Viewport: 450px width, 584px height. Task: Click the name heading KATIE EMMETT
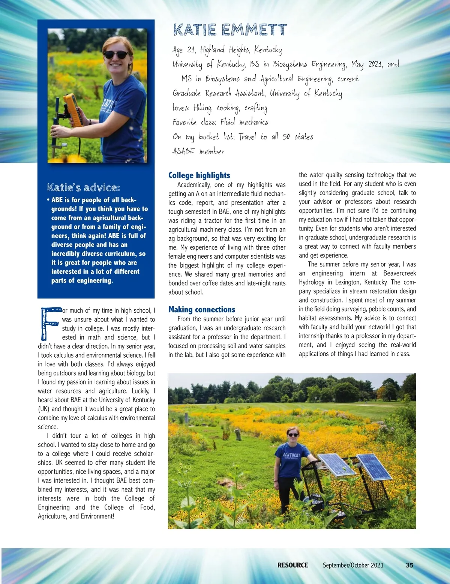[230, 30]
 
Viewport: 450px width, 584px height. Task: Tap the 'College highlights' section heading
[199, 175]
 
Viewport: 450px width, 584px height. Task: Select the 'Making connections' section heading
[202, 310]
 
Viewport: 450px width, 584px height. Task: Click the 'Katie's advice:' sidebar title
[84, 187]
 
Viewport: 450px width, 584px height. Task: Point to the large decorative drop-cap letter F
[49, 323]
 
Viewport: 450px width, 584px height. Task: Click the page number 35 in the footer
[409, 565]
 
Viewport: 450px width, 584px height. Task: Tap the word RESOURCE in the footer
[292, 565]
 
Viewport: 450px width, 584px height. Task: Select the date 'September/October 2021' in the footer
[353, 565]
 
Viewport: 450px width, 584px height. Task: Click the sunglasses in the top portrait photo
[116, 55]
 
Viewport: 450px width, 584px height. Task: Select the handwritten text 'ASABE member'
[198, 151]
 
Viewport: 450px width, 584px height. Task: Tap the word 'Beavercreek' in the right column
[399, 273]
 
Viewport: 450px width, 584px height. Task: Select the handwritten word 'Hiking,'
[203, 108]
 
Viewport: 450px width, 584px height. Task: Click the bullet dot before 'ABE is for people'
[48, 199]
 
